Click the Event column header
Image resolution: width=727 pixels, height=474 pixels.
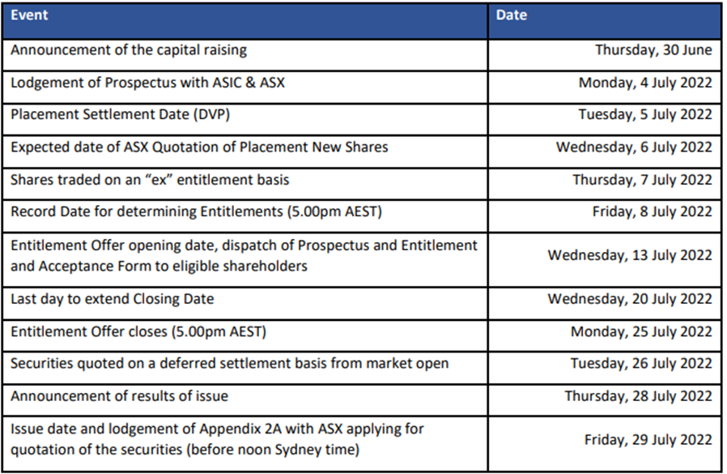(x=29, y=15)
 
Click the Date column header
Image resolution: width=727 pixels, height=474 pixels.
(x=512, y=15)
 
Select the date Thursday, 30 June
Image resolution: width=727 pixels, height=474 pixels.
(x=654, y=50)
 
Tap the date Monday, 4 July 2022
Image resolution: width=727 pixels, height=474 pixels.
(x=645, y=83)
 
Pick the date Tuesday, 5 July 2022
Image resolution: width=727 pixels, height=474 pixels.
(x=645, y=115)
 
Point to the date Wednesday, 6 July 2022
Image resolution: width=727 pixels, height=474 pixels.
(x=634, y=147)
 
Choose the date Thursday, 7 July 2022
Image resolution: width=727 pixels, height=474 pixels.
(x=643, y=180)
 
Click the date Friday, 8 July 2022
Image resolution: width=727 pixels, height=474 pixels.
(x=653, y=211)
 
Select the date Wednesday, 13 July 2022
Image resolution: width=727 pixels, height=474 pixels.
(x=630, y=255)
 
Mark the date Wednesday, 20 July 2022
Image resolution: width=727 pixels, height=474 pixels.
(x=630, y=299)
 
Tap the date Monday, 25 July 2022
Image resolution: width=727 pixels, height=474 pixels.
(x=641, y=332)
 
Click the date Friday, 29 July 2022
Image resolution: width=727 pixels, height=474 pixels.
(x=648, y=440)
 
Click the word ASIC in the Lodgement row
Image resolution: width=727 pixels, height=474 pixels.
(x=227, y=83)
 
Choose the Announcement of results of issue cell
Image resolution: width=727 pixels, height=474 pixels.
(x=244, y=399)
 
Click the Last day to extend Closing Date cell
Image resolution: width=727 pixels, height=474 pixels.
(x=244, y=303)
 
